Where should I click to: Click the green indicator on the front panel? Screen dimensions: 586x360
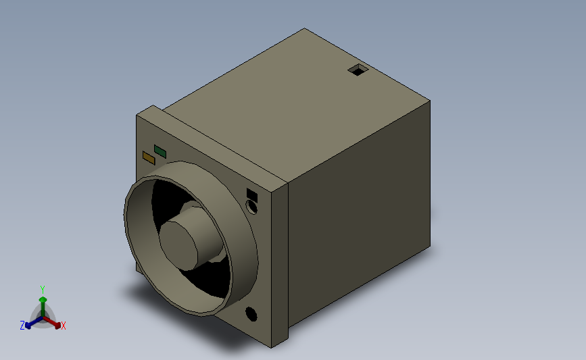(x=160, y=151)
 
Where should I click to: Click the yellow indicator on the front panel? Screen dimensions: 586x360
(x=149, y=157)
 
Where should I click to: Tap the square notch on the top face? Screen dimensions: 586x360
(x=358, y=70)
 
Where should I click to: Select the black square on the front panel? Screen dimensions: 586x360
(x=252, y=196)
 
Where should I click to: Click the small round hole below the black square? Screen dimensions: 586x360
(x=252, y=207)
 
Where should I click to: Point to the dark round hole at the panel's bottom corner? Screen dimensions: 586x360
(x=251, y=314)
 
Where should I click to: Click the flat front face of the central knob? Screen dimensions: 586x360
(x=178, y=245)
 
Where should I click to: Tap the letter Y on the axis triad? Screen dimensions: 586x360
(x=43, y=290)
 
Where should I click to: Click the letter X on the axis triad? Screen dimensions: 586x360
(x=63, y=326)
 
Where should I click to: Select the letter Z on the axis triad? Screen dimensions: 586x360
(x=22, y=326)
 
